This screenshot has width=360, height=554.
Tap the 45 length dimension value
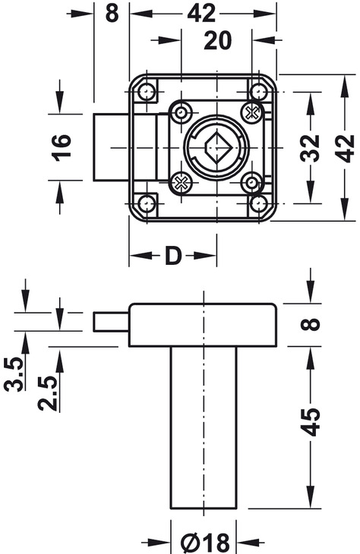(x=310, y=422)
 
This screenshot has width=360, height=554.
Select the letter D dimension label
(x=173, y=256)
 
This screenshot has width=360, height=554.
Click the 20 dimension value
(x=217, y=41)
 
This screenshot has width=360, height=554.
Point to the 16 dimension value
(x=62, y=148)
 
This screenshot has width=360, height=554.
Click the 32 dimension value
(x=310, y=148)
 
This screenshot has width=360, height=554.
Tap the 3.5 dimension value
(x=14, y=374)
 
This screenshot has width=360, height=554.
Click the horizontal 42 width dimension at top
(x=201, y=14)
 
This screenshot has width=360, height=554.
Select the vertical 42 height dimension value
(x=345, y=148)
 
